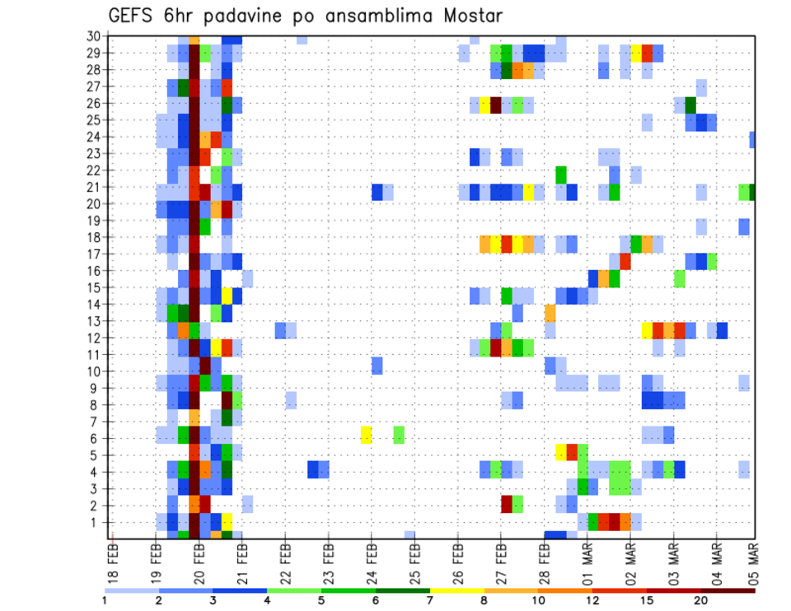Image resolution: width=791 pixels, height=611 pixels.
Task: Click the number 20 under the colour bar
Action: tap(701, 600)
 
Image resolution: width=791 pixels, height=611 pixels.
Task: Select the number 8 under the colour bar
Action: tap(483, 600)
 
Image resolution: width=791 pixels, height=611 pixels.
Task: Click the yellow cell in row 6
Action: tap(366, 434)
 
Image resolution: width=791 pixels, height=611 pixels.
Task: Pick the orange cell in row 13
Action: tap(550, 313)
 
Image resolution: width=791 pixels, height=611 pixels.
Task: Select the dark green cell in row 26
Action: tap(690, 105)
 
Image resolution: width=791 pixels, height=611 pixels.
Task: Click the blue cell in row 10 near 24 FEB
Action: tap(377, 365)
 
